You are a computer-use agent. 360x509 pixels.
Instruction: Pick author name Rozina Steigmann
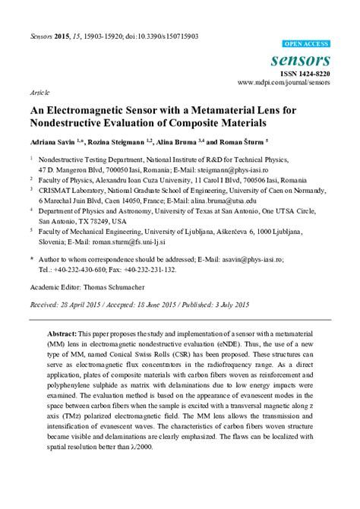coord(120,142)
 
